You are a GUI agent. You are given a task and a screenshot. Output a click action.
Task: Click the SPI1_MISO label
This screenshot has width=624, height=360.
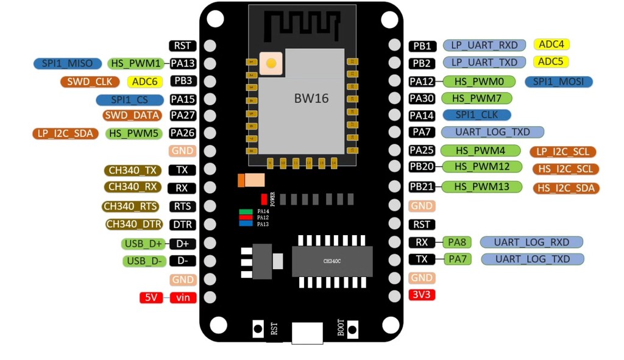pos(67,63)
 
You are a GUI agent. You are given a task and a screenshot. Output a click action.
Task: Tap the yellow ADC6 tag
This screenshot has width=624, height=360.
pos(145,82)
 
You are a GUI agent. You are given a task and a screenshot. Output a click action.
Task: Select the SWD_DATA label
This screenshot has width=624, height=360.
pos(132,115)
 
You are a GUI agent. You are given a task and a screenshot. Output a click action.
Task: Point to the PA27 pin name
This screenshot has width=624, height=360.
pos(183,115)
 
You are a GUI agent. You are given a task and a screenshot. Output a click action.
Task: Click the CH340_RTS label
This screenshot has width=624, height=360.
pos(130,207)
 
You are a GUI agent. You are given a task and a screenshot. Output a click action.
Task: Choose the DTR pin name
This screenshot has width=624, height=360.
pos(183,225)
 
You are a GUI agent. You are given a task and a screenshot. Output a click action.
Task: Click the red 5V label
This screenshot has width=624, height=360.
pos(151,298)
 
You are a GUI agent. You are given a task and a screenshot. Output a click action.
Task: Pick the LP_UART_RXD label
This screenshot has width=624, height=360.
pos(484,45)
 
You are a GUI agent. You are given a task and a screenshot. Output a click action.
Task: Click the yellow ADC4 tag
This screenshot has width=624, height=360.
pos(551,44)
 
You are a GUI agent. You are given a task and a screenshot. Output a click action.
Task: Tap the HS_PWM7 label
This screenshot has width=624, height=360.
pos(477,98)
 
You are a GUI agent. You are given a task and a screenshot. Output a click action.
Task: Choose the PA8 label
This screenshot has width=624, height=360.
pos(457,242)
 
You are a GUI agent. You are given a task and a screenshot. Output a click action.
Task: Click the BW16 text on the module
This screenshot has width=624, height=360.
pos(311,98)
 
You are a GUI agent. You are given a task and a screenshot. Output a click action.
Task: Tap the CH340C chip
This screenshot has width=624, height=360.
pos(332,261)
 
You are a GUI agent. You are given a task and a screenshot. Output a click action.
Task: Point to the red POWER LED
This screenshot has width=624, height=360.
pos(264,199)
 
